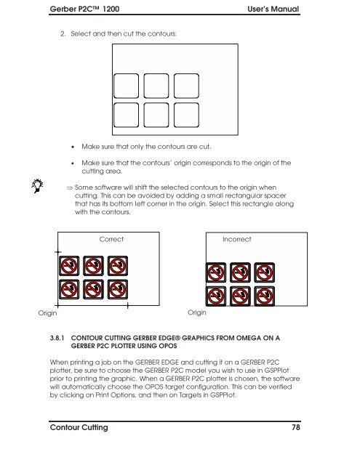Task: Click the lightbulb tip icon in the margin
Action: pyautogui.click(x=37, y=186)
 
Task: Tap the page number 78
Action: pyautogui.click(x=295, y=427)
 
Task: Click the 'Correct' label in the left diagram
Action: pyautogui.click(x=111, y=239)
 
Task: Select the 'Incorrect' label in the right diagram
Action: pyautogui.click(x=237, y=239)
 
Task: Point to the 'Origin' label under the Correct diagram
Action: pyautogui.click(x=47, y=313)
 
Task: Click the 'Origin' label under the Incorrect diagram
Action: pyautogui.click(x=197, y=312)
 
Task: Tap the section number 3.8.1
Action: pyautogui.click(x=57, y=338)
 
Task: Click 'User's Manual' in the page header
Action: pyautogui.click(x=273, y=9)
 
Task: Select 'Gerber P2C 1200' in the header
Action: pyautogui.click(x=84, y=9)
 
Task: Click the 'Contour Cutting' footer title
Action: pyautogui.click(x=79, y=427)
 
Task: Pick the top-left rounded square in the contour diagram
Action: pyautogui.click(x=126, y=86)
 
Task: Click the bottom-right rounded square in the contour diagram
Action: pyautogui.click(x=186, y=115)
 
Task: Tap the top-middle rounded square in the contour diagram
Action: pyautogui.click(x=156, y=86)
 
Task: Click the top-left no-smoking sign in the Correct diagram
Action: pyautogui.click(x=69, y=266)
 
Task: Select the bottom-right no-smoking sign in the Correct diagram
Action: pyautogui.click(x=118, y=289)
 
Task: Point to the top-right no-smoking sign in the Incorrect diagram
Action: pyautogui.click(x=265, y=272)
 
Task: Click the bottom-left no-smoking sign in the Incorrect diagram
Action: pyautogui.click(x=216, y=296)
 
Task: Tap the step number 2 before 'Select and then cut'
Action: pyautogui.click(x=63, y=34)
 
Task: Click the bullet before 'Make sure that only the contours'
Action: pyautogui.click(x=73, y=147)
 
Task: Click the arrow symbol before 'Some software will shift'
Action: pyautogui.click(x=69, y=187)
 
